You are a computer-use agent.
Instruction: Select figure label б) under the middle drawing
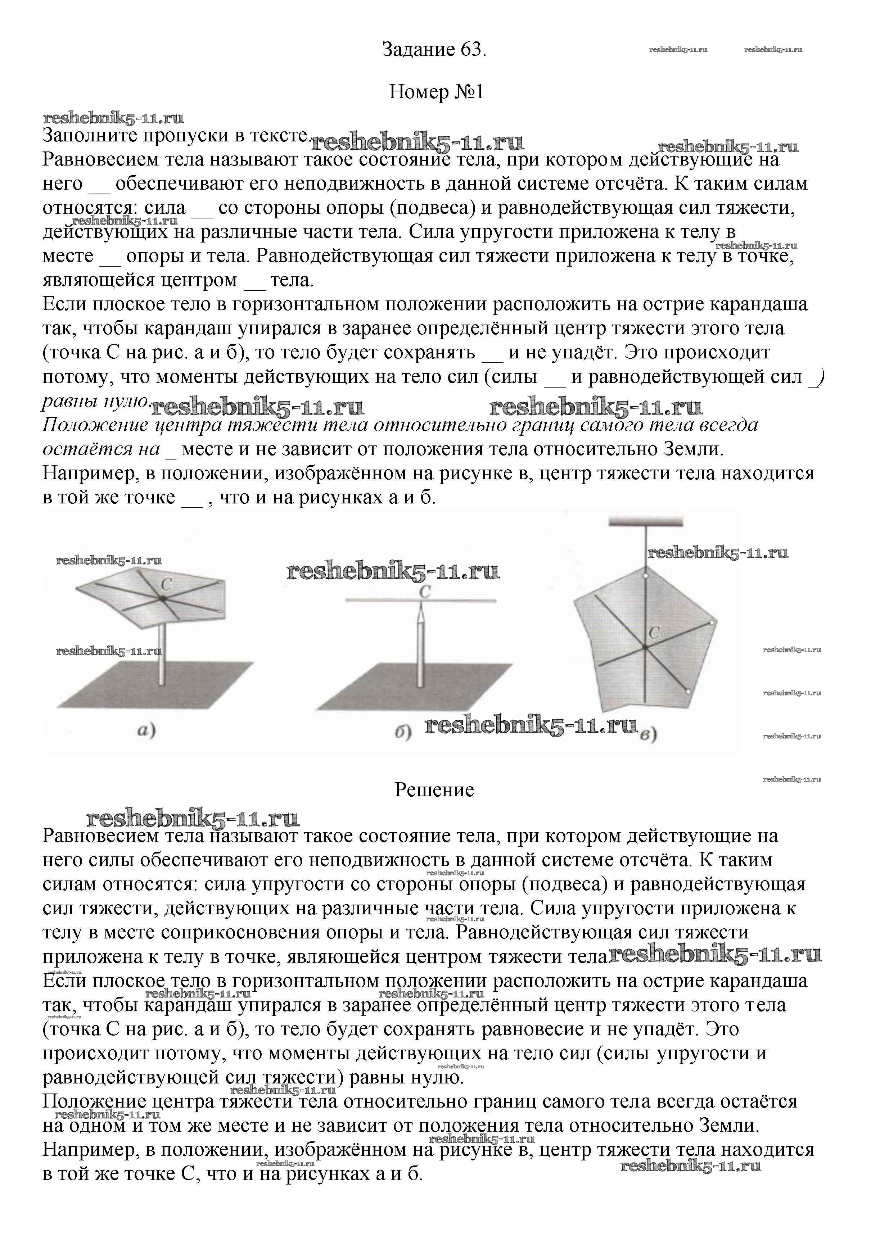pyautogui.click(x=402, y=733)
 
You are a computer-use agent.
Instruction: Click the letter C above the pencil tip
pyautogui.click(x=425, y=592)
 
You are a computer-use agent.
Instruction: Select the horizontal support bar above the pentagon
pyautogui.click(x=645, y=522)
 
